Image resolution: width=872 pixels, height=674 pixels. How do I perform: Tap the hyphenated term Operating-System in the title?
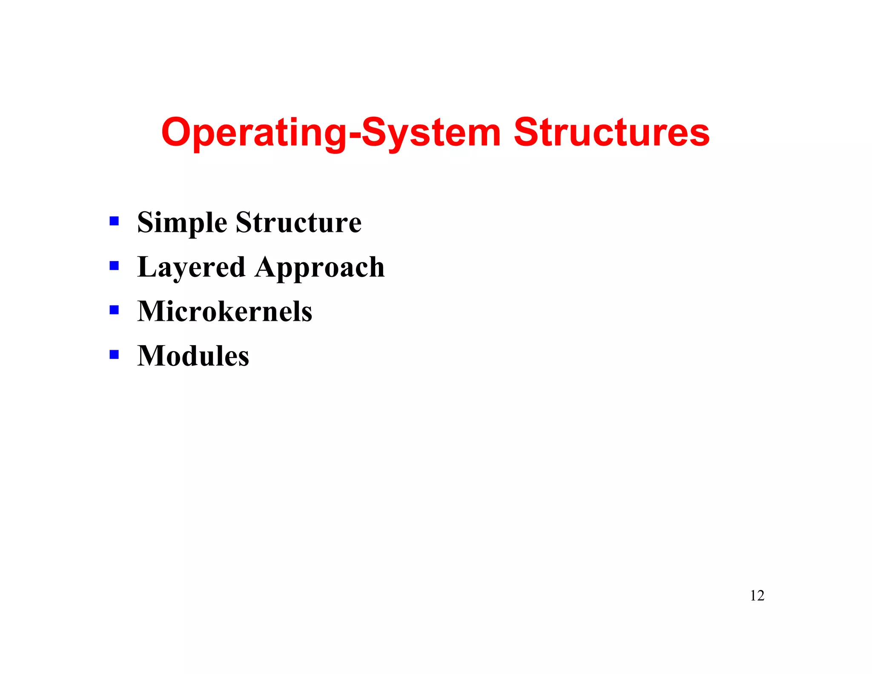click(x=331, y=133)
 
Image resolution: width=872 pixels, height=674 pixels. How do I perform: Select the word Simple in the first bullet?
click(x=182, y=222)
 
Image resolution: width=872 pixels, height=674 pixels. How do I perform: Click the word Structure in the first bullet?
click(x=298, y=222)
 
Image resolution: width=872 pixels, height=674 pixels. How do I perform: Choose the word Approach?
click(x=320, y=268)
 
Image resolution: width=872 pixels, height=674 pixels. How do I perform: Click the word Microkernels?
click(x=225, y=311)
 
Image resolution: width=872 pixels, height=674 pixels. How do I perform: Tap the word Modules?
click(x=193, y=356)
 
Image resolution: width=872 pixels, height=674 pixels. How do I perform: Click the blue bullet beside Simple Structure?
click(x=114, y=221)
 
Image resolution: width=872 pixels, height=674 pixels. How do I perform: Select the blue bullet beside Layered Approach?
click(x=114, y=266)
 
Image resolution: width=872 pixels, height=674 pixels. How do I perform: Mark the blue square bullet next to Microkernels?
click(x=114, y=310)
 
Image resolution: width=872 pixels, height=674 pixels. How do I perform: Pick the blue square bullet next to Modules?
click(x=114, y=354)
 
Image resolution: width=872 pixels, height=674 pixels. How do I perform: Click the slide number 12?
click(x=757, y=596)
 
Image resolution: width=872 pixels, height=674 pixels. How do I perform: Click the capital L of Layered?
click(x=146, y=267)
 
